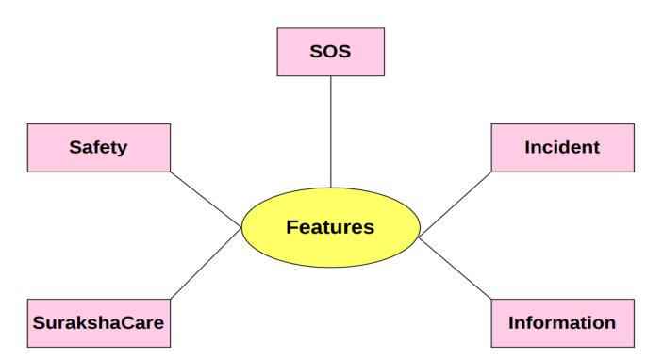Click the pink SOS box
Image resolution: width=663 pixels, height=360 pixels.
[331, 52]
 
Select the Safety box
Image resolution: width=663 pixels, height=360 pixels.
[99, 148]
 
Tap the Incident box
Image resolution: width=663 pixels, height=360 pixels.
[563, 148]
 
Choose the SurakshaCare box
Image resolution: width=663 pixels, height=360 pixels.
[99, 323]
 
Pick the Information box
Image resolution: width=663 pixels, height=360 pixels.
[563, 323]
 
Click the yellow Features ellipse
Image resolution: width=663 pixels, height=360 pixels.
[331, 227]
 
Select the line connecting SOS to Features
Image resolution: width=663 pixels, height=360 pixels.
[331, 132]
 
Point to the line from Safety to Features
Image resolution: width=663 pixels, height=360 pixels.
[206, 200]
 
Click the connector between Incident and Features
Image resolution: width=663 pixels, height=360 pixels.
[456, 205]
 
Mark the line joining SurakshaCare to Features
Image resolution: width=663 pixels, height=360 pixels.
[206, 264]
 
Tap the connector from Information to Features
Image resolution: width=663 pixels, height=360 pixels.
[456, 270]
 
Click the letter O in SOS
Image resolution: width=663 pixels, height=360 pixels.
[330, 52]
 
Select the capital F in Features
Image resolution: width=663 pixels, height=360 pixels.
[292, 227]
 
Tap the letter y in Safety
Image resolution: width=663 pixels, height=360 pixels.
[122, 150]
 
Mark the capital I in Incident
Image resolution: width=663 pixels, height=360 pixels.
[528, 147]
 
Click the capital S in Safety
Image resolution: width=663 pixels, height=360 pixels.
[75, 147]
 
